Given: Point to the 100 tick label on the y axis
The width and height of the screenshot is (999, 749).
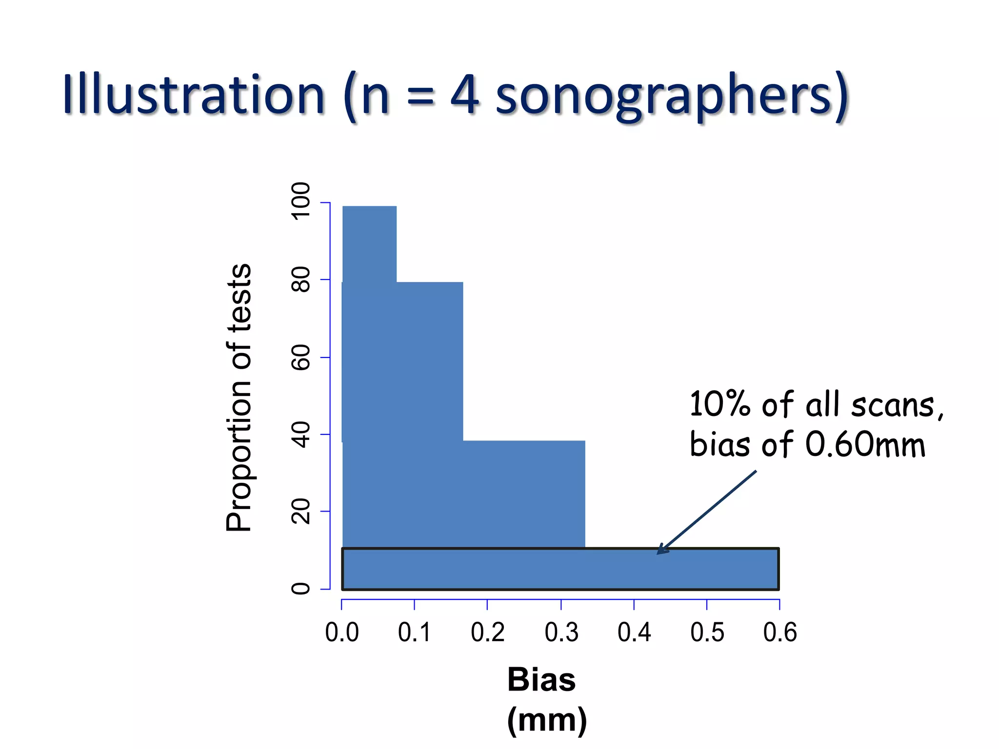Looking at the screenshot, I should [300, 201].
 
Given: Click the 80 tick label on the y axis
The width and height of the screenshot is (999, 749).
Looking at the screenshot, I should [300, 279].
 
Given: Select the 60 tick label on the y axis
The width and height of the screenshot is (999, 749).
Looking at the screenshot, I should [300, 357].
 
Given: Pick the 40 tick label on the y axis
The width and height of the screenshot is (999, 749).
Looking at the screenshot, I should [300, 434].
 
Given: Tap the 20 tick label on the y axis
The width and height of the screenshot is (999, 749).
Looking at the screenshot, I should [300, 512].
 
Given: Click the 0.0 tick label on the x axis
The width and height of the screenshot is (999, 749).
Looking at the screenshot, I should [342, 632].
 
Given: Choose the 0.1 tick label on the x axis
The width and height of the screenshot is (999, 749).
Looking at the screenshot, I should [415, 632].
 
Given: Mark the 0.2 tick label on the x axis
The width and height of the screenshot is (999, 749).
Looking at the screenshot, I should [487, 632].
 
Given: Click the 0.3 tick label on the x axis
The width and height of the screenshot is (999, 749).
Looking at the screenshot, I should [561, 632].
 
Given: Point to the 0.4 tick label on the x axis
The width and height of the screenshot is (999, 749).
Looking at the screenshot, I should [634, 632].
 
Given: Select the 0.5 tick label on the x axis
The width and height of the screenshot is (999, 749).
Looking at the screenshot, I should [707, 632].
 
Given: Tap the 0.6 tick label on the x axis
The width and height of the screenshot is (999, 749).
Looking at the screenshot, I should [779, 632].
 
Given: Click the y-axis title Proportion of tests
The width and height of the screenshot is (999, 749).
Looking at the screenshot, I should [239, 397].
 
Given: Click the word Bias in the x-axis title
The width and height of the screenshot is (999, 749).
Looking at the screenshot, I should [541, 679].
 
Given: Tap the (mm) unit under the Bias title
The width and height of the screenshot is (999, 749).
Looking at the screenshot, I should [547, 720].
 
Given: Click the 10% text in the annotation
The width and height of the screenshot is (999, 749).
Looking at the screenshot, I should [719, 404].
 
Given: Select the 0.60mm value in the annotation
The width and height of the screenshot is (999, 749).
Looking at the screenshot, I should [865, 444].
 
